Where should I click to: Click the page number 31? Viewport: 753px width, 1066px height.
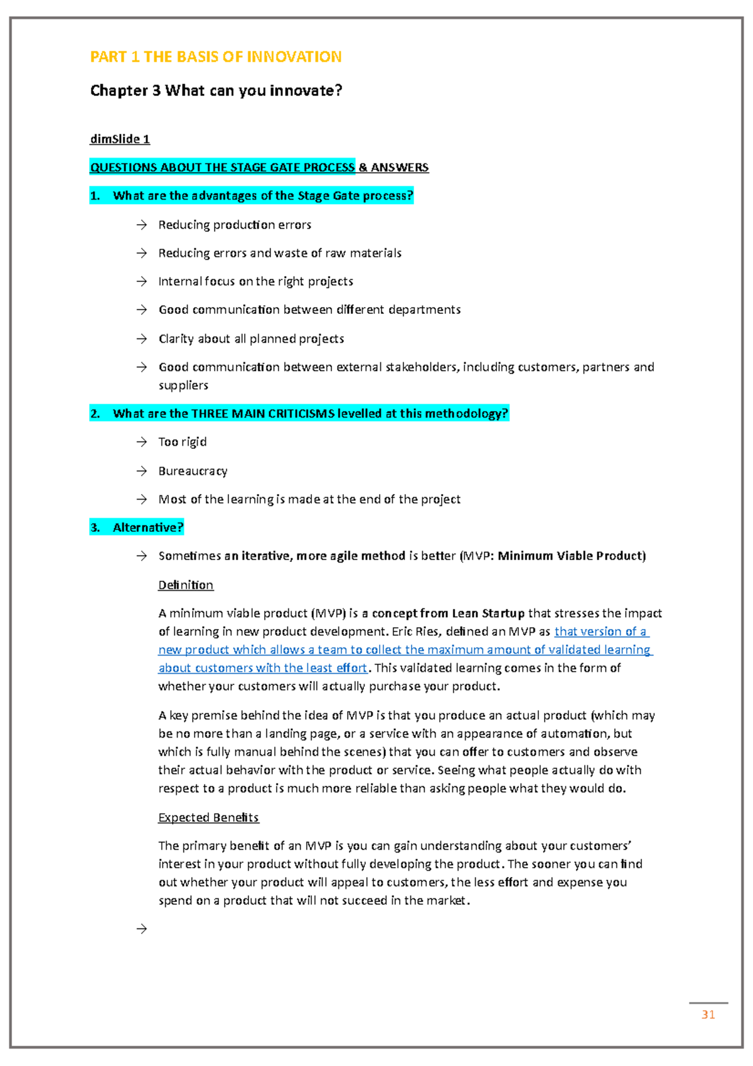click(708, 1015)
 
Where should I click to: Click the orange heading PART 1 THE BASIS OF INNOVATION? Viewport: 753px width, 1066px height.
click(216, 57)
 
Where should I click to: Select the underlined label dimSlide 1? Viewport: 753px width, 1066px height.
click(120, 139)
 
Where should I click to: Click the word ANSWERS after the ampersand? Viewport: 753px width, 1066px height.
click(400, 168)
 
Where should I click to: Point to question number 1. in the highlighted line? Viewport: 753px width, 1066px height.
click(95, 196)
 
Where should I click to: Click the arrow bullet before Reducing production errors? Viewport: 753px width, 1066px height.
click(142, 225)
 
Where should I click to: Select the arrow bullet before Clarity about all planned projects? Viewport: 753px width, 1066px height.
click(142, 339)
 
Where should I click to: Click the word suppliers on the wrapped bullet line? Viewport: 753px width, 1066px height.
click(183, 385)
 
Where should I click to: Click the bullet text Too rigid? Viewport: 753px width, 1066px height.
click(183, 442)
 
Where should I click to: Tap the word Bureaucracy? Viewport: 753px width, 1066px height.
click(193, 471)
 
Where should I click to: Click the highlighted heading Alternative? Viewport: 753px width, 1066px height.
click(148, 528)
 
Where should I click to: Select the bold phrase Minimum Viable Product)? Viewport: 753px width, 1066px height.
click(571, 556)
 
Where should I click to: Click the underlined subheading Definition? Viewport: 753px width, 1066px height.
click(186, 585)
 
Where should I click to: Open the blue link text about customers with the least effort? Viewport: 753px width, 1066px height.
click(262, 668)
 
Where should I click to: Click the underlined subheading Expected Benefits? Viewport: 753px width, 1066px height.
click(208, 817)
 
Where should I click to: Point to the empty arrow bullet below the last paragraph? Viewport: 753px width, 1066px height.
click(142, 929)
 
